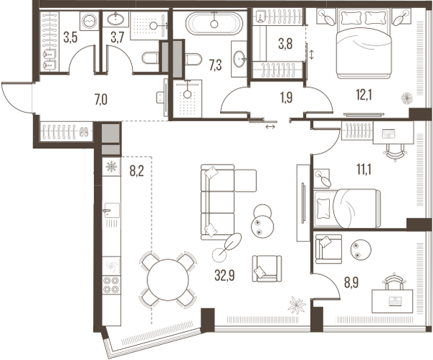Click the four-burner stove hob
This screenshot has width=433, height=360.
pyautogui.click(x=111, y=286)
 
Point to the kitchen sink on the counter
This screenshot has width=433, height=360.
pyautogui.click(x=109, y=212)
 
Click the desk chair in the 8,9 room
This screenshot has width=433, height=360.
pyautogui.click(x=393, y=281)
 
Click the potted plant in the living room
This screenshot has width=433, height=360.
pyautogui.click(x=297, y=305)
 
